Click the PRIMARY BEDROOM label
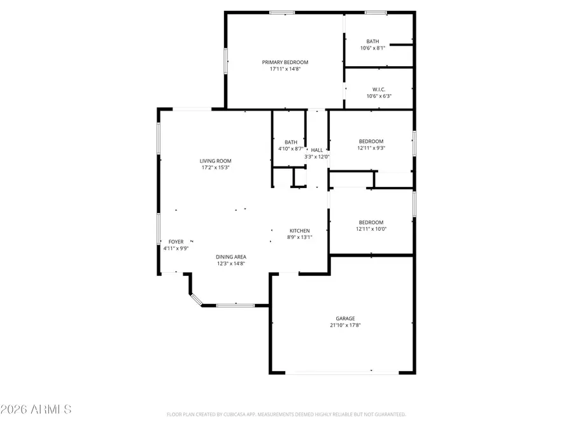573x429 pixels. tap(285, 62)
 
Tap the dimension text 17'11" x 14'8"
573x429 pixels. tap(285, 69)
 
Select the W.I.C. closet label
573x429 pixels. tap(379, 90)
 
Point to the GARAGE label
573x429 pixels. tap(346, 318)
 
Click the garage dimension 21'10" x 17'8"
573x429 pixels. tap(346, 325)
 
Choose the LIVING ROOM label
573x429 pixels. tap(216, 161)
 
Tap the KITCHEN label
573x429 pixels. tap(300, 231)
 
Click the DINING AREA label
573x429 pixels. tap(231, 257)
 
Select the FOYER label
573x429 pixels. tap(176, 242)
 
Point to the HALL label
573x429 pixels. tap(316, 150)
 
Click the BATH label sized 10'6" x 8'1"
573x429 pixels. tap(372, 41)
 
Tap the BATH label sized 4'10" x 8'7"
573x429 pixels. tap(291, 142)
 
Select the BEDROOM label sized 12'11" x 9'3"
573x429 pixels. tap(371, 141)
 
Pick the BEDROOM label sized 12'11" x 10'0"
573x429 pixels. tap(371, 222)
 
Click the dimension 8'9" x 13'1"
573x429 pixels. tap(300, 238)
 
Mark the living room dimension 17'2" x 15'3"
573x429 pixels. tap(216, 168)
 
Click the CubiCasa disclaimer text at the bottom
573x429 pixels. tap(286, 414)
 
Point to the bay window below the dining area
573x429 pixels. tap(236, 306)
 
